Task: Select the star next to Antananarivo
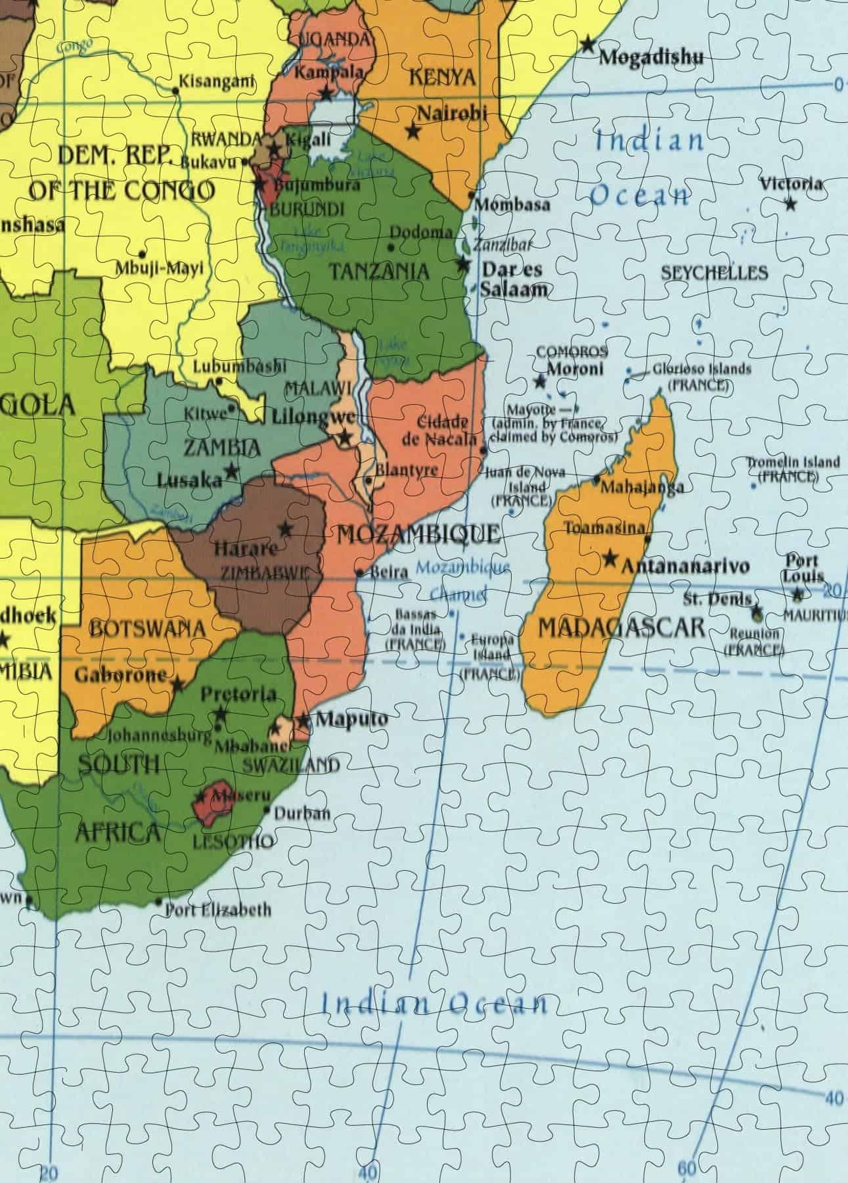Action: pos(610,559)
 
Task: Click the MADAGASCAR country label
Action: pos(621,628)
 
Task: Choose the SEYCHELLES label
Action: pos(714,273)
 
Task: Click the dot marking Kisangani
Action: pos(175,89)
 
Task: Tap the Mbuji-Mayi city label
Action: pos(160,268)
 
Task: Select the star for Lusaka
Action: pos(231,471)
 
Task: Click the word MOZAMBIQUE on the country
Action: pos(418,534)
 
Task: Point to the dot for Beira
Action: pos(360,572)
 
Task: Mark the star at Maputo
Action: pos(303,721)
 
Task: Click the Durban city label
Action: pos(301,813)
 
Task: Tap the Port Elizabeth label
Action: pos(217,910)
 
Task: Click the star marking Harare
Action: pos(285,528)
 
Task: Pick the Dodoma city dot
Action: pos(391,248)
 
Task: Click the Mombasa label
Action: pos(512,204)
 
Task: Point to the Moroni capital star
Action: pos(540,381)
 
